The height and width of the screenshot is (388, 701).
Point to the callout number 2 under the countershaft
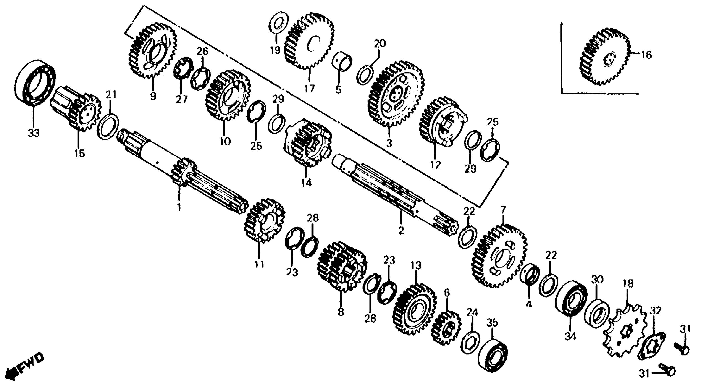pos(401,231)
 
